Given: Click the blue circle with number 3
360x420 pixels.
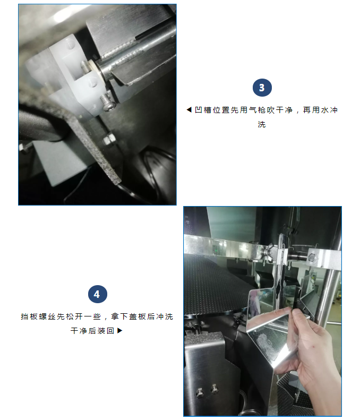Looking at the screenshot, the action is pyautogui.click(x=262, y=88).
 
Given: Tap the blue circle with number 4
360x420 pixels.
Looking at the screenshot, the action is pyautogui.click(x=98, y=294).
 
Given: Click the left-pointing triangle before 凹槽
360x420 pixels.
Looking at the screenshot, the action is pyautogui.click(x=189, y=110).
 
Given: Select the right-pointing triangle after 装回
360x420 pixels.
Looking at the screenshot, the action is pyautogui.click(x=119, y=331).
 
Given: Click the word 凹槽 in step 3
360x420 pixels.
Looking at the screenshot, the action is pyautogui.click(x=203, y=110).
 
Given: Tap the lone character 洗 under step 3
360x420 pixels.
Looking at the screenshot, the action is pyautogui.click(x=262, y=124).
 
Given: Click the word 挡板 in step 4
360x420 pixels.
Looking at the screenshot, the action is pyautogui.click(x=29, y=316).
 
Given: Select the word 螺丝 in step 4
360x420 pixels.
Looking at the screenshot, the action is pyautogui.click(x=47, y=316).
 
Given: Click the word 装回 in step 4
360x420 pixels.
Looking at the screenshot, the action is pyautogui.click(x=106, y=331).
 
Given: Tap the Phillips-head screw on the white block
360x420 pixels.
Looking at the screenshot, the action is pyautogui.click(x=107, y=102).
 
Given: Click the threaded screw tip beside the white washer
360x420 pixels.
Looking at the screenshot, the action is pyautogui.click(x=85, y=67).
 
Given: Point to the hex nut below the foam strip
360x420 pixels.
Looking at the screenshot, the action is pyautogui.click(x=108, y=140).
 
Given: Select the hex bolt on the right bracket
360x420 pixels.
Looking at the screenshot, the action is pyautogui.click(x=312, y=258).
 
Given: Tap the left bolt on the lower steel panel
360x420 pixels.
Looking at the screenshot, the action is pyautogui.click(x=200, y=392).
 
